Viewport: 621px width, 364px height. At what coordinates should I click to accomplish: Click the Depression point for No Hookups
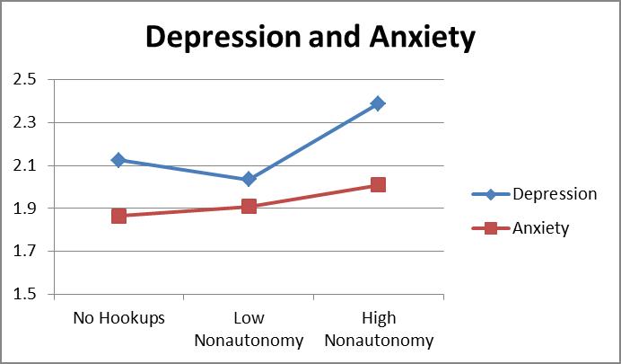(x=118, y=160)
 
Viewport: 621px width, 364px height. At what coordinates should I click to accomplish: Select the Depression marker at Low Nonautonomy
(x=249, y=179)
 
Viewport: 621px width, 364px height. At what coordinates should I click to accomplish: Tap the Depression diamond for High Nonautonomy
(x=378, y=103)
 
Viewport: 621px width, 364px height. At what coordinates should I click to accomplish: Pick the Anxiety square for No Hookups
(x=118, y=216)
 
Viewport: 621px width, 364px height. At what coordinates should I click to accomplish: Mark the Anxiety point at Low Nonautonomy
(x=249, y=206)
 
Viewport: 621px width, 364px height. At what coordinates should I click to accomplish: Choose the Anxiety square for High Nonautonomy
(x=378, y=184)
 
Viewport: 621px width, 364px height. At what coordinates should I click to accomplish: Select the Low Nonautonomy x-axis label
(x=249, y=330)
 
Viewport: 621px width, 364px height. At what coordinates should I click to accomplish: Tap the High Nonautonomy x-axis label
(x=378, y=330)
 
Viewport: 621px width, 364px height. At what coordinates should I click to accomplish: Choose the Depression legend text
(x=554, y=194)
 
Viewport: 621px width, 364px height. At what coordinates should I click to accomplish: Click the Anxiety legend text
(x=540, y=228)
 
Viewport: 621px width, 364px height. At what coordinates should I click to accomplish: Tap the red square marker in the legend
(x=491, y=228)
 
